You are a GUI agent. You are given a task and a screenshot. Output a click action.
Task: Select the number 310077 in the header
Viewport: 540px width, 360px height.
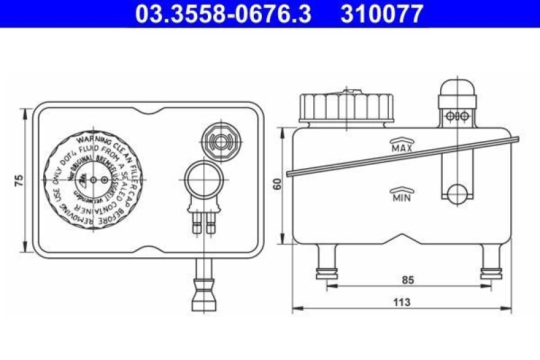click(383, 13)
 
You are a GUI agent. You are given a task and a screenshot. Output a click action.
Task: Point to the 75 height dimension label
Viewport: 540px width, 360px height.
click(19, 180)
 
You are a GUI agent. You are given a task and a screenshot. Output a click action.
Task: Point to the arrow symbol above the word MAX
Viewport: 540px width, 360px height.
click(402, 139)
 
